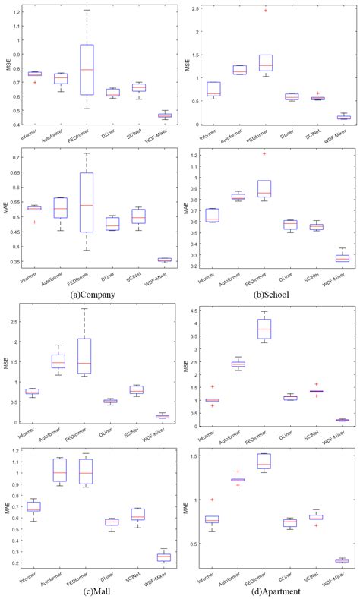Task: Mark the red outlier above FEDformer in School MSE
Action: click(x=286, y=11)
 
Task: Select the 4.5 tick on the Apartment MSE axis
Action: click(x=194, y=311)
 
